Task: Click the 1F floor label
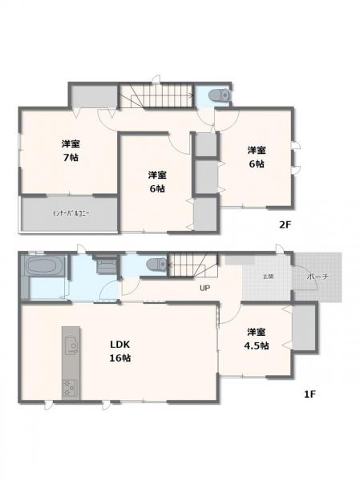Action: (308, 394)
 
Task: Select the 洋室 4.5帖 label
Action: (257, 338)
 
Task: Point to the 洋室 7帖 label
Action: (70, 151)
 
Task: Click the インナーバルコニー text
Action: (70, 213)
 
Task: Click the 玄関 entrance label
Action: (267, 277)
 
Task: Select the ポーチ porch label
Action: (314, 277)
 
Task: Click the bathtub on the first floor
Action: (46, 266)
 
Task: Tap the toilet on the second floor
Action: (218, 95)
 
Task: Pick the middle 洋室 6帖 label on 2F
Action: (156, 181)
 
